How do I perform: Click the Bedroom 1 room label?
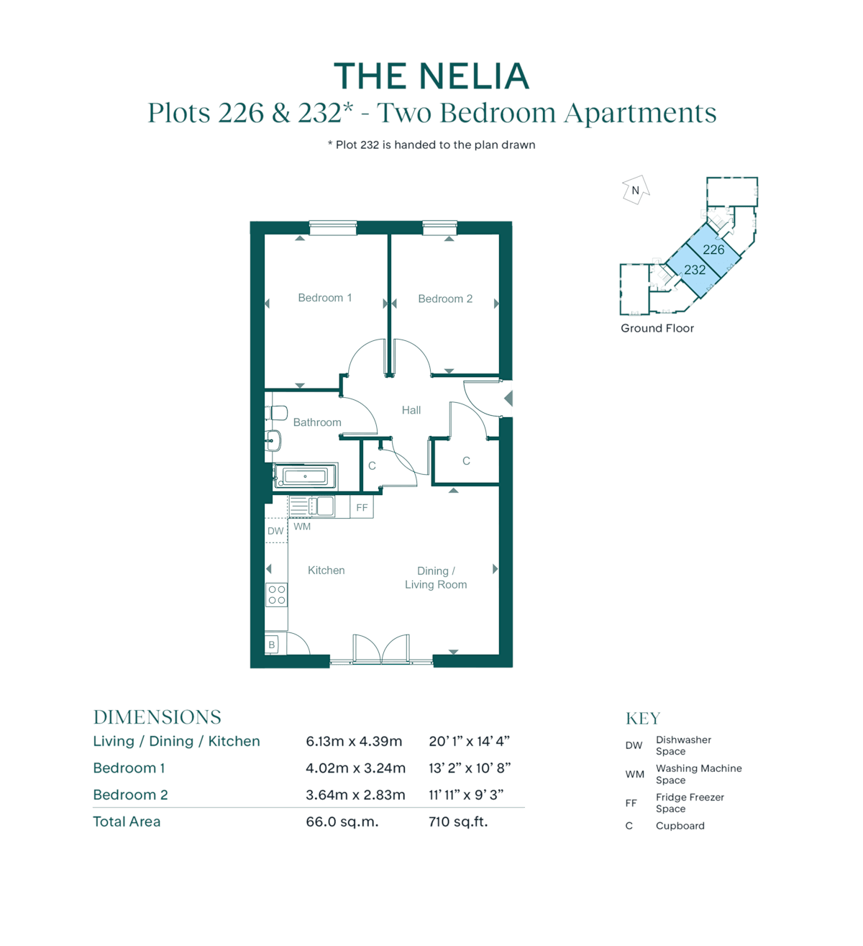324,298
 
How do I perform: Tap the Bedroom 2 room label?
444,299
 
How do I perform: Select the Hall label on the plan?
411,410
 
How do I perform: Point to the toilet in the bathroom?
276,413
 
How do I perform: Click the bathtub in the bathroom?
306,476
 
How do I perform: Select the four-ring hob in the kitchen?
276,594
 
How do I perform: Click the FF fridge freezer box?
362,507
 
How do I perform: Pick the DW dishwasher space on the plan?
276,531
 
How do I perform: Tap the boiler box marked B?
272,644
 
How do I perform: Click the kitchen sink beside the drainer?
325,506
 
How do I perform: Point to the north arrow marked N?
636,190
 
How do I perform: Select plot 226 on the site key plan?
713,250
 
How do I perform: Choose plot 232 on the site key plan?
695,270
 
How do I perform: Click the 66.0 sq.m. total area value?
342,822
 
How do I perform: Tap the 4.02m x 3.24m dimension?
355,768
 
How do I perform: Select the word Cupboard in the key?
680,825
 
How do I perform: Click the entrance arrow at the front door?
508,399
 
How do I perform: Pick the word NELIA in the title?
474,76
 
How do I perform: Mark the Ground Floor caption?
657,328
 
